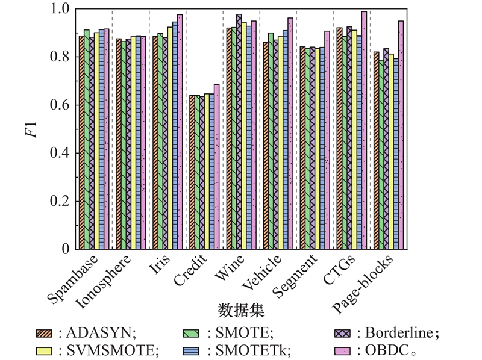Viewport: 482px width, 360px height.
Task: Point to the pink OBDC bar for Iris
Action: click(180, 132)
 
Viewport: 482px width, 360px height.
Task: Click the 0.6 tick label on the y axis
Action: click(62, 105)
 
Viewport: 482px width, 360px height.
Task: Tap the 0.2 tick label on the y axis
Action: click(62, 201)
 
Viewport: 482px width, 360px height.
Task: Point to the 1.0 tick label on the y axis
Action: click(62, 9)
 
